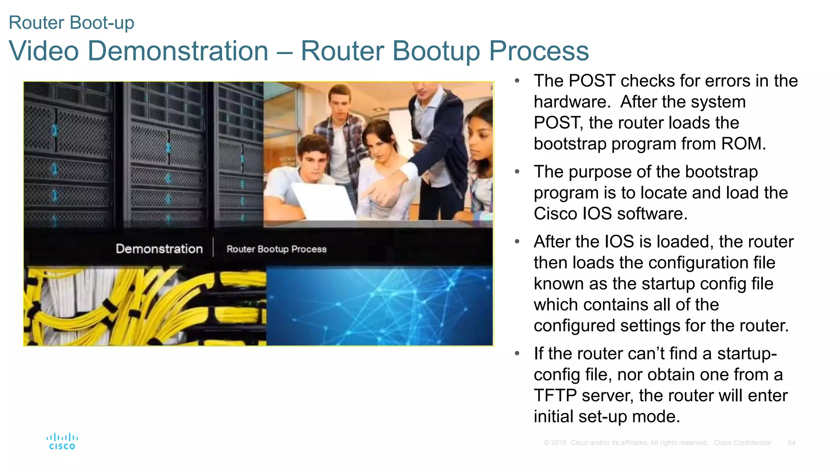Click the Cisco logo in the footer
click(x=62, y=441)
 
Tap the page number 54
click(x=791, y=443)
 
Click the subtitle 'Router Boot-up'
click(x=71, y=23)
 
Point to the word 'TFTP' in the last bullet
click(x=555, y=396)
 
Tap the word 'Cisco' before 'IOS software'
click(x=555, y=214)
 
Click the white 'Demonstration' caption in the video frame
click(x=159, y=249)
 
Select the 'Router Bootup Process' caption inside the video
click(x=277, y=249)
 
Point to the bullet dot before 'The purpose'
click(x=517, y=172)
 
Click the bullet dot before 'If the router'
click(x=517, y=354)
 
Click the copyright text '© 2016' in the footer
click(x=555, y=443)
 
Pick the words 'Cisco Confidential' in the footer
click(x=742, y=443)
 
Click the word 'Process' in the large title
click(x=539, y=51)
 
